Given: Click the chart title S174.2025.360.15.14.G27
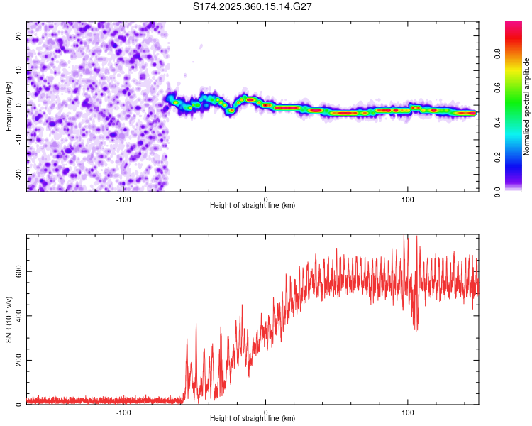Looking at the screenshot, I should [x=253, y=6].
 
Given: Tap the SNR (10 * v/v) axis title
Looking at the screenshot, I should [x=9, y=320].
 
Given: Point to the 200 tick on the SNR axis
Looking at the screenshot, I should [x=17, y=360].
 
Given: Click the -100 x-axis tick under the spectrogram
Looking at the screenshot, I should [x=123, y=199].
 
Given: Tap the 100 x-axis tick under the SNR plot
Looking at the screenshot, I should [x=408, y=412].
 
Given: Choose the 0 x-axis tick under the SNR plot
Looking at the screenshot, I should [x=266, y=412].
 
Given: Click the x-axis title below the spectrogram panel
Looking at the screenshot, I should [x=253, y=206].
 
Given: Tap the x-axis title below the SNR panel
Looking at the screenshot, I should [x=253, y=419].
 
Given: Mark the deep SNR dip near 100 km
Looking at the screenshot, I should [x=416, y=328].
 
